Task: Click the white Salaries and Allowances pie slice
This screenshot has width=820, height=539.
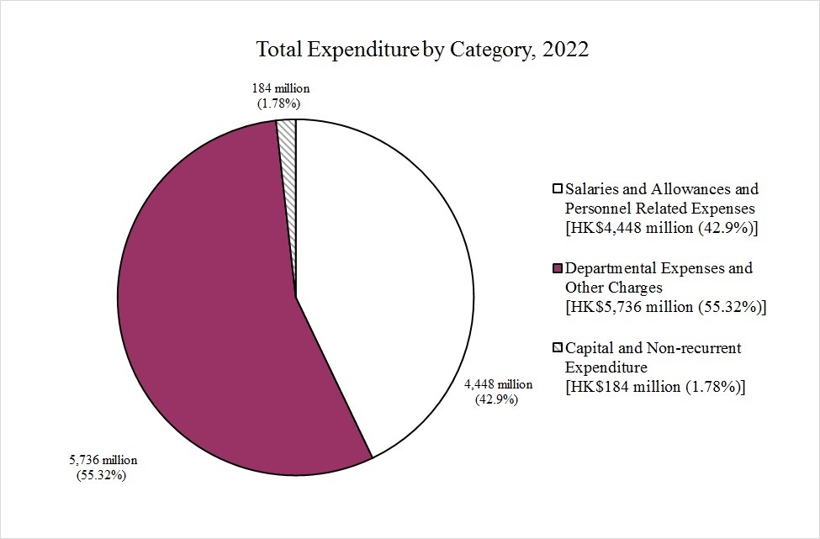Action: click(387, 277)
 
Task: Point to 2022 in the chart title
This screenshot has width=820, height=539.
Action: click(566, 50)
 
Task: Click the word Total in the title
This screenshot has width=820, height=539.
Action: click(280, 50)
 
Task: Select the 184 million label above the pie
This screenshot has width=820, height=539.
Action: click(281, 88)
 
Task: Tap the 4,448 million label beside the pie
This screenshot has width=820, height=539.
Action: click(499, 384)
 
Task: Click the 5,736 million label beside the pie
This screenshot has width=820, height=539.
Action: click(103, 461)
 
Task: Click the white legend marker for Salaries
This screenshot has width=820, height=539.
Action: click(557, 189)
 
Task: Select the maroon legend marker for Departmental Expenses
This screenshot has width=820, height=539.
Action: click(557, 269)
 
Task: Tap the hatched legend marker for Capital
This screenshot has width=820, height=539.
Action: click(557, 348)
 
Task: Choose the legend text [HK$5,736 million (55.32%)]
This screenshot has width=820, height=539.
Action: click(667, 307)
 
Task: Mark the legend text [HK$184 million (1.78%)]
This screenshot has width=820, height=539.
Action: click(656, 387)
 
